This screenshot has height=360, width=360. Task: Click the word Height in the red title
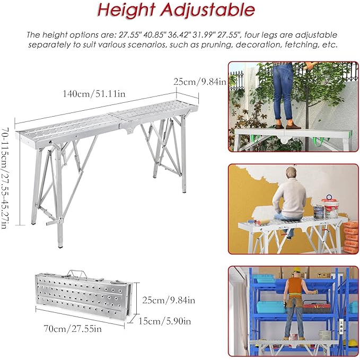pos(126,10)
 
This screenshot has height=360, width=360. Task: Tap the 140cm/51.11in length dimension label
pos(94,94)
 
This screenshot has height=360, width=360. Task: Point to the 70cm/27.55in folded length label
pos(73,329)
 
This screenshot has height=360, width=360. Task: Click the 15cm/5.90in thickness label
pos(164,321)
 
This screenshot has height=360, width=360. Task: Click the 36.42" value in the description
pos(179,35)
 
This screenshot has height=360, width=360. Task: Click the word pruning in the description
pos(216,45)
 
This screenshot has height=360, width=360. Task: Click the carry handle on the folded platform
pos(77,274)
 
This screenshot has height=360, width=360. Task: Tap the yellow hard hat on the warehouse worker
pos(296,270)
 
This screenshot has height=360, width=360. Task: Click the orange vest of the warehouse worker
pos(295,285)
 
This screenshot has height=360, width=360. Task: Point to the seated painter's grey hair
pos(291,171)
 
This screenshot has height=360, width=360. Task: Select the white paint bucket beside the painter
pos(330,208)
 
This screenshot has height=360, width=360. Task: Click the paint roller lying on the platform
pos(261,222)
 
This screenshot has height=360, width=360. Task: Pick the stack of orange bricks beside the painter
pos(350,236)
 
